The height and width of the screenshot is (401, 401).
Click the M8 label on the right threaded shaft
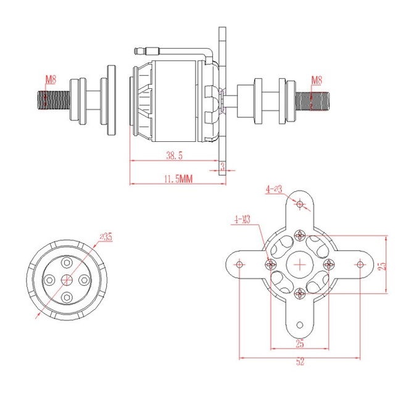click(316, 80)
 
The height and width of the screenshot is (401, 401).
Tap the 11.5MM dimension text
click(178, 179)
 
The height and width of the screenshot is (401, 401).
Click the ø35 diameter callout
click(105, 236)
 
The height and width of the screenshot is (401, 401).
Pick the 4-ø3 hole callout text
click(274, 189)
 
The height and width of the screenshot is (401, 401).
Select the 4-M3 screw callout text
click(242, 219)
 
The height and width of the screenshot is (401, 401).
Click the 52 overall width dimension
click(300, 363)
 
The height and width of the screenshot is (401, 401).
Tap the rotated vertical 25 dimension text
click(382, 265)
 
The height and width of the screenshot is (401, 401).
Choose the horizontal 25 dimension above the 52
click(300, 343)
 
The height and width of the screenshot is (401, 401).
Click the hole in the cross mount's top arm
click(300, 204)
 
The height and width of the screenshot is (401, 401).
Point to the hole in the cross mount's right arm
click(361, 265)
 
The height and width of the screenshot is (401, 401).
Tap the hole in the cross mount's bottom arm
click(300, 325)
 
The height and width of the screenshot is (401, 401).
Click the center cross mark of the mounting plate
click(300, 265)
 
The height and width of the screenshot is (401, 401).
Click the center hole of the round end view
click(67, 280)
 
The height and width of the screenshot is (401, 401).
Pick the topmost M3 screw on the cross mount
click(300, 235)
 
